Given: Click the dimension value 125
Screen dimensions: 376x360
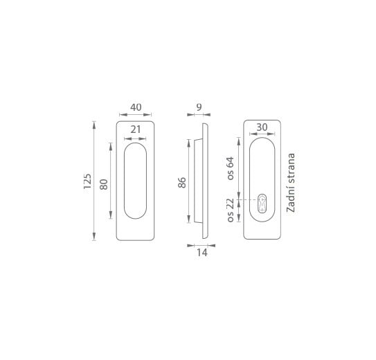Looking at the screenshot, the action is [x=87, y=181].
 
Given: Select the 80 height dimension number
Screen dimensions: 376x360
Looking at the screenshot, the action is [x=104, y=184].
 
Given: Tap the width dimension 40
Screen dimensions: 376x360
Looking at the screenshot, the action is [x=136, y=107].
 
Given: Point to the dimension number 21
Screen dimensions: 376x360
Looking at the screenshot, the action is [x=136, y=129].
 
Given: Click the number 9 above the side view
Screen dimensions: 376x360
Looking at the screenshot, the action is [x=199, y=107].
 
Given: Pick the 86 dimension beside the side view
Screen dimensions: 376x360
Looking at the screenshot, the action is [x=182, y=182].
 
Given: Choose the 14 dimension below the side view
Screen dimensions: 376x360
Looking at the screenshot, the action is [x=202, y=253].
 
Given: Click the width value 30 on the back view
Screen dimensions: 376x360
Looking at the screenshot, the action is [x=262, y=127].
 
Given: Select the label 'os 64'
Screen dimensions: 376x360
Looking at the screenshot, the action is [x=230, y=168].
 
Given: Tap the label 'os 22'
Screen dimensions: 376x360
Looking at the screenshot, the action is [x=230, y=210].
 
